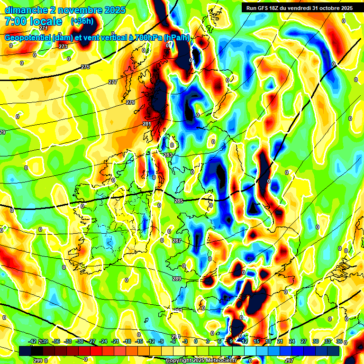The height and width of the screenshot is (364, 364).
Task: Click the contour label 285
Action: (x=178, y=201)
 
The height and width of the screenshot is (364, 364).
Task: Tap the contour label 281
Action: (x=146, y=124)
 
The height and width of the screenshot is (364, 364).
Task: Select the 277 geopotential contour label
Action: (x=112, y=82)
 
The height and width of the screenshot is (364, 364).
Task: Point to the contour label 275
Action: (x=85, y=67)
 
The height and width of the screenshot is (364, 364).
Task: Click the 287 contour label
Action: (x=176, y=241)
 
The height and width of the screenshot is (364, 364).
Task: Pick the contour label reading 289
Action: (x=177, y=279)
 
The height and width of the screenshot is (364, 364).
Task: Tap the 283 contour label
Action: (x=168, y=155)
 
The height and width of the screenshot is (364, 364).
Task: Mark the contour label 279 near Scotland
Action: (x=130, y=102)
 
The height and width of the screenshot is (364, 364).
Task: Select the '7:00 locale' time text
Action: (x=33, y=21)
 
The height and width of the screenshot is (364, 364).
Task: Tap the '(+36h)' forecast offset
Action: (x=82, y=21)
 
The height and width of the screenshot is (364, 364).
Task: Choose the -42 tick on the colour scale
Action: (x=32, y=342)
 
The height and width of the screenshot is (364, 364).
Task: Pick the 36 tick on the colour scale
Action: (x=339, y=342)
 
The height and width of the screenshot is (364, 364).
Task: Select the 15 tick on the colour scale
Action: (x=255, y=342)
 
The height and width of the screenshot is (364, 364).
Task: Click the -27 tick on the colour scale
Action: (x=91, y=342)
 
